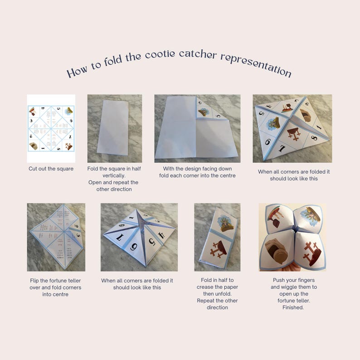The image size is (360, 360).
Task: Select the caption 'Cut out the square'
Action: point(51,169)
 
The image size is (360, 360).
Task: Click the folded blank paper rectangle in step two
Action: point(114,128)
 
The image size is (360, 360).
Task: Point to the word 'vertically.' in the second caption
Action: point(114,175)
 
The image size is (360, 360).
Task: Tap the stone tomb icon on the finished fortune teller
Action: point(275,251)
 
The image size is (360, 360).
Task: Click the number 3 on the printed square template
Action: point(32,121)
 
